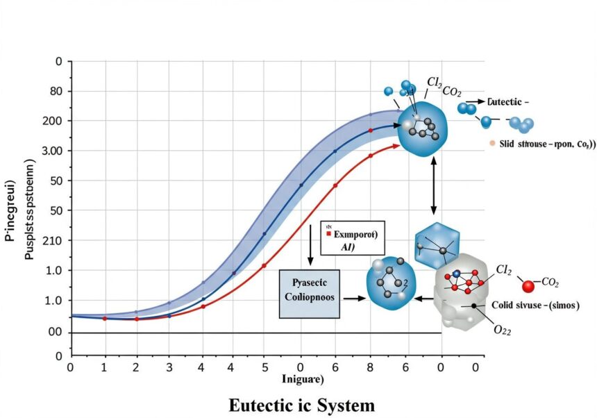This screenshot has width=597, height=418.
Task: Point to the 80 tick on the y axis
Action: (56, 91)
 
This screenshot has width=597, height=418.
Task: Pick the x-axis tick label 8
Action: (369, 366)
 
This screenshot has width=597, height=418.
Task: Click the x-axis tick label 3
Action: (168, 366)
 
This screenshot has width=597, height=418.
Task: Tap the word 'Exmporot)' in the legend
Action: (355, 235)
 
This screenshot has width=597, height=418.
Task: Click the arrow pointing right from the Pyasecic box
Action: (351, 298)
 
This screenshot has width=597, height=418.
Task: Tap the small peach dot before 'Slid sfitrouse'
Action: (491, 143)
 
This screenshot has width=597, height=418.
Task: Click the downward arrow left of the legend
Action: (310, 244)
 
